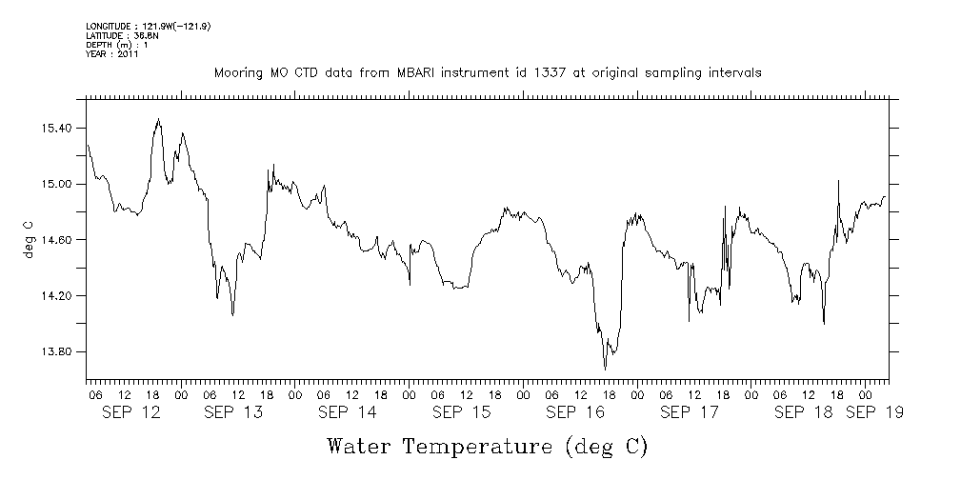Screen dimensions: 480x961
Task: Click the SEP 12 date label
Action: click(131, 413)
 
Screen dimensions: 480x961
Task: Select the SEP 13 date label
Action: click(233, 413)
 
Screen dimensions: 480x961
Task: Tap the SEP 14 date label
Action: click(347, 413)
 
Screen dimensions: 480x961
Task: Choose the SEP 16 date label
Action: click(574, 413)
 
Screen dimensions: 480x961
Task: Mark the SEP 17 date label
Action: click(688, 413)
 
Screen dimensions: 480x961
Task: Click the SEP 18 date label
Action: click(802, 413)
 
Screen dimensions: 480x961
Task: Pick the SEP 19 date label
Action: click(874, 413)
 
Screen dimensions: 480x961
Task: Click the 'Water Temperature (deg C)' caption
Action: click(487, 446)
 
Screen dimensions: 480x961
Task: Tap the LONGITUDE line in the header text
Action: click(148, 26)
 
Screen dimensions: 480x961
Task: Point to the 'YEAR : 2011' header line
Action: click(112, 54)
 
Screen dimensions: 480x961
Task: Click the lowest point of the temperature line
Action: click(605, 370)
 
